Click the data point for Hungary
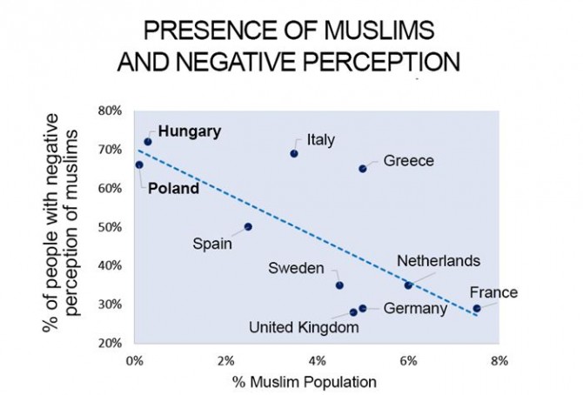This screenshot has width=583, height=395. tap(148, 141)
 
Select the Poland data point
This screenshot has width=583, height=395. tap(139, 164)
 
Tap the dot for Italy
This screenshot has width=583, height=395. tap(294, 153)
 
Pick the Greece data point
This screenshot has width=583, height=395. tap(363, 168)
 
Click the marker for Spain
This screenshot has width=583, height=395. tap(248, 226)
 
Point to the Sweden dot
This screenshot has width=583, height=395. tap(339, 285)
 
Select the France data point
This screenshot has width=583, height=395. tap(476, 308)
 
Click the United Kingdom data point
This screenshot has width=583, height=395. tap(353, 311)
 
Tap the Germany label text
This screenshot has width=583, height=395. tap(414, 308)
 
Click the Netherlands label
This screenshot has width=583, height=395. tap(438, 261)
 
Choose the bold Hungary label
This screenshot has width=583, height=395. tap(190, 131)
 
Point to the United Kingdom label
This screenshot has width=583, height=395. tap(304, 328)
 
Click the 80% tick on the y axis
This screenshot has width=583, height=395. tap(110, 110)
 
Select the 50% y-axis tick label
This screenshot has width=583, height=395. tap(110, 227)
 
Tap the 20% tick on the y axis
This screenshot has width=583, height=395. tap(110, 343)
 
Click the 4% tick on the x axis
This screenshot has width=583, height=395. tap(317, 359)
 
